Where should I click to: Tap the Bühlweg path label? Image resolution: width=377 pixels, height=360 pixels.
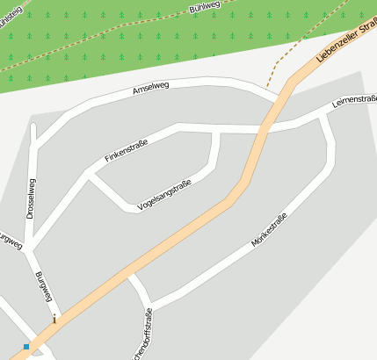[203, 7]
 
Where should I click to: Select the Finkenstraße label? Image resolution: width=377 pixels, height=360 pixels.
[126, 149]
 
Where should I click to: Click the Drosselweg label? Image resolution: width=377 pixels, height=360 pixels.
[32, 198]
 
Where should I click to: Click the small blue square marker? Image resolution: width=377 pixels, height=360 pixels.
[26, 347]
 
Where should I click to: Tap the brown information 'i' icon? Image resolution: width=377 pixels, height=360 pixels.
[54, 319]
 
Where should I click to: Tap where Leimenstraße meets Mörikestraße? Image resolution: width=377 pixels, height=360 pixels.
[323, 115]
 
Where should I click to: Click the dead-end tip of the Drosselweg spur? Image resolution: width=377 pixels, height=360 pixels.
[33, 126]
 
